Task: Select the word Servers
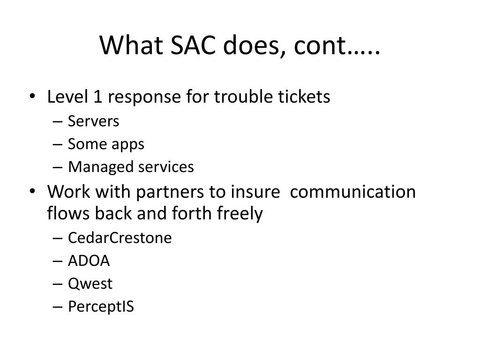93,121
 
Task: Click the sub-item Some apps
106,144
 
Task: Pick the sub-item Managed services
131,167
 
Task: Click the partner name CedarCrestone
120,238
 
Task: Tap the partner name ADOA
89,261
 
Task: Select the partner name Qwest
90,284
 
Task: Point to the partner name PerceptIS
101,307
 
